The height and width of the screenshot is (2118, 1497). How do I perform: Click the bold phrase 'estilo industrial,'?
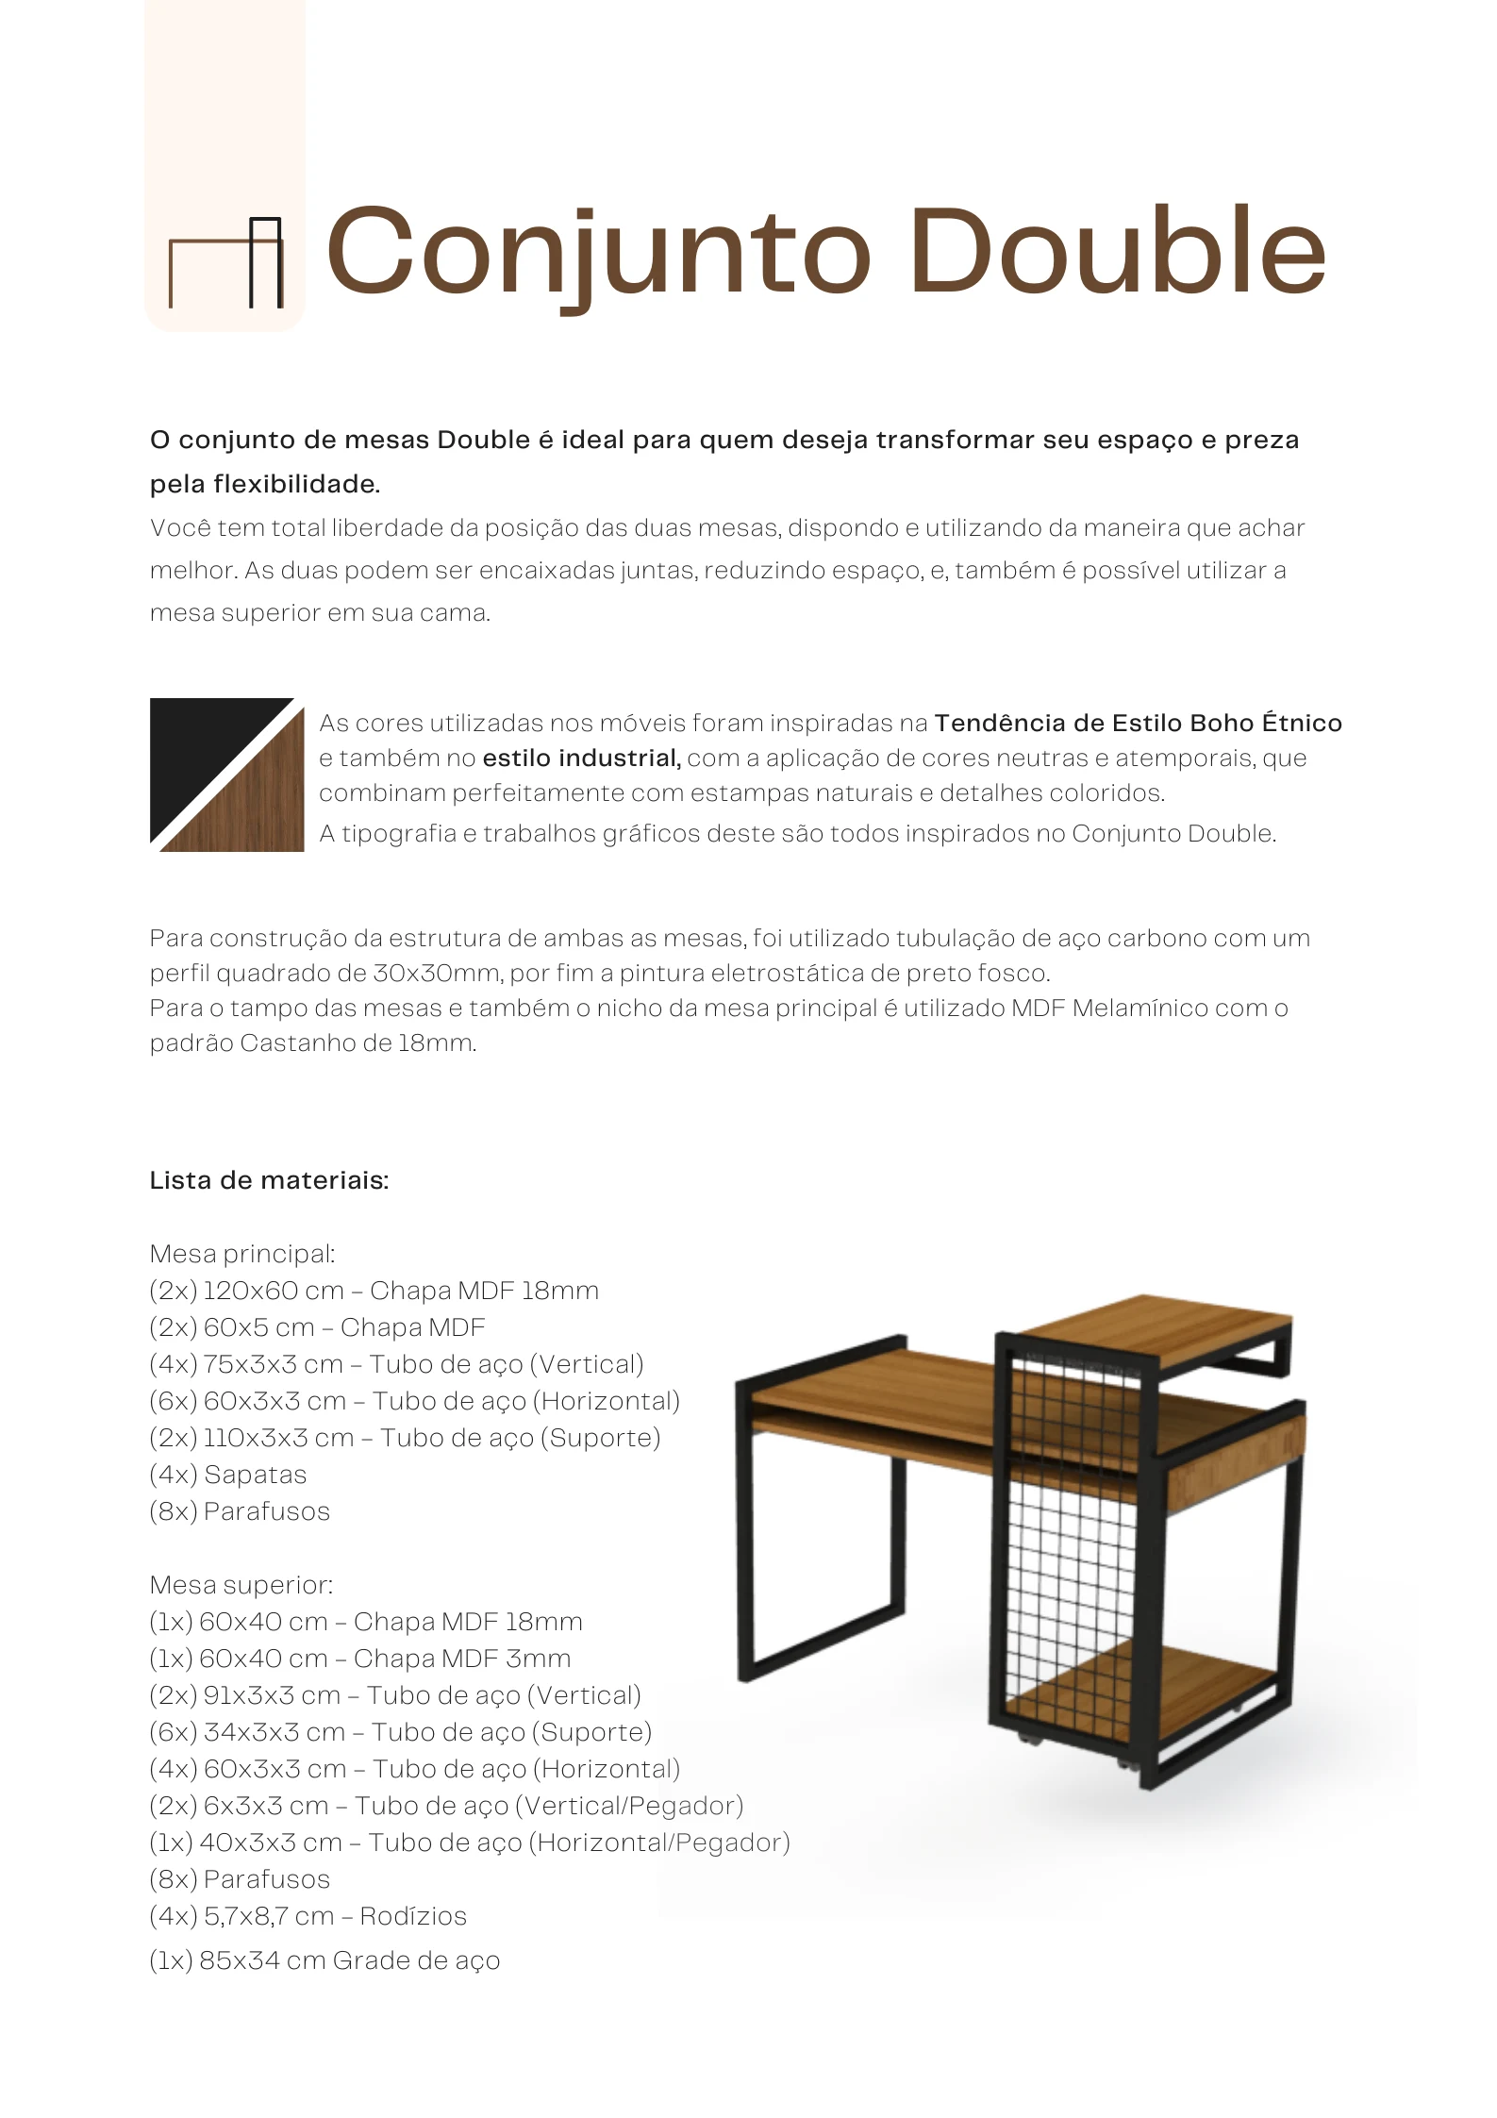581,759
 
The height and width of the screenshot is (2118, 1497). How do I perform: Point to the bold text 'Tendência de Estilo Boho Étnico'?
1138,724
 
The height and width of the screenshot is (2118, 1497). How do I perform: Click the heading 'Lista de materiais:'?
270,1180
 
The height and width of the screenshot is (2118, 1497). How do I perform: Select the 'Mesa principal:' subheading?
242,1254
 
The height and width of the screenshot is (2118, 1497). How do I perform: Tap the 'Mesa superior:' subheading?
241,1585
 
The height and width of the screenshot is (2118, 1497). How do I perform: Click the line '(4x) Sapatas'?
228,1475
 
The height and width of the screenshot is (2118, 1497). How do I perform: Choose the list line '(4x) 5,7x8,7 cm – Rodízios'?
308,1916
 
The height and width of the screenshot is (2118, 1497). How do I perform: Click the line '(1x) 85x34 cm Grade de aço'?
324,1960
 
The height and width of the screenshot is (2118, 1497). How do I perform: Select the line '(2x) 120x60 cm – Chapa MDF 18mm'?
374,1291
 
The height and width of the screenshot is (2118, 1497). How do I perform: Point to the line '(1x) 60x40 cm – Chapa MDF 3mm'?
360,1659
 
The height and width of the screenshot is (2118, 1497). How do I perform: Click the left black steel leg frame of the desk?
745,1528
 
